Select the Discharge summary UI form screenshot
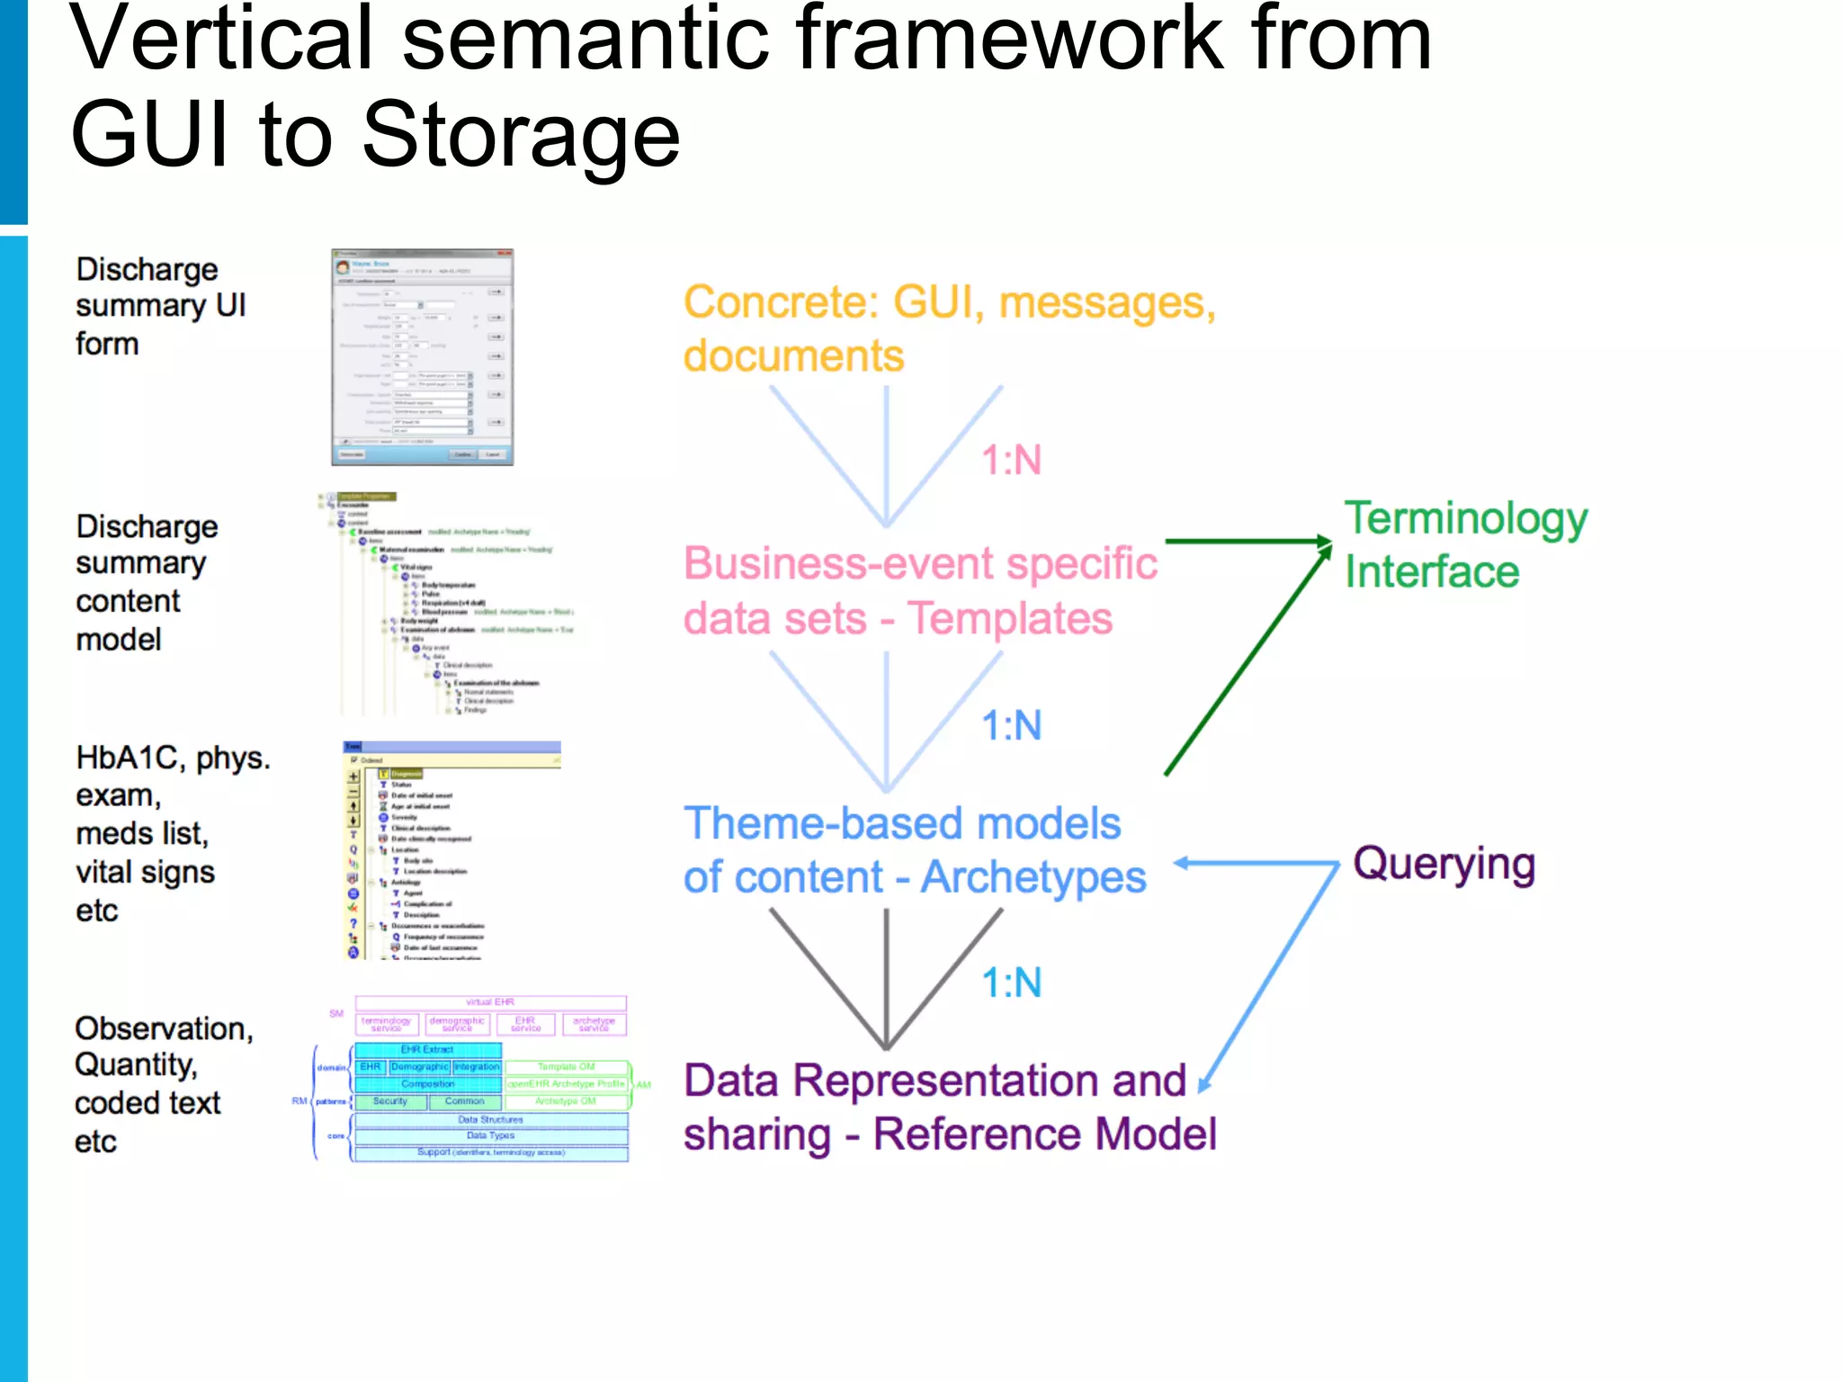[422, 357]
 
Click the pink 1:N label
[1011, 461]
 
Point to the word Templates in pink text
[1009, 619]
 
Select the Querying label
[1444, 864]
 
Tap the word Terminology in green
[1465, 519]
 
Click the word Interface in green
[1432, 572]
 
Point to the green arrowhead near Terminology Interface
[1325, 543]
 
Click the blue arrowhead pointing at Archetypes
[1181, 864]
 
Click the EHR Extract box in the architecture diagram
[427, 1050]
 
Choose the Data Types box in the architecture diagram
[490, 1135]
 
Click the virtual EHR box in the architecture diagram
[490, 1002]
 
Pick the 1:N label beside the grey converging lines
[1011, 983]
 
